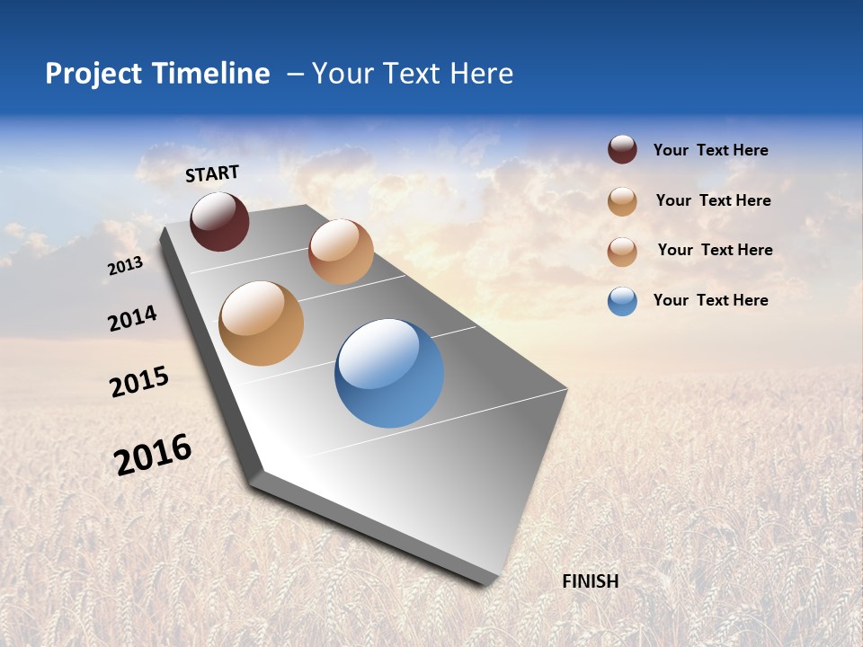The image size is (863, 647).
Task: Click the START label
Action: click(x=212, y=173)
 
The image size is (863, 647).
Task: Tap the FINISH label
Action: click(x=590, y=581)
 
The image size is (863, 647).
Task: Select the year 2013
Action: click(x=125, y=266)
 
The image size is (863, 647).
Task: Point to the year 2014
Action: click(x=132, y=319)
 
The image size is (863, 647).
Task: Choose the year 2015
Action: click(x=139, y=382)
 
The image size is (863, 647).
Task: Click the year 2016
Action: click(x=153, y=455)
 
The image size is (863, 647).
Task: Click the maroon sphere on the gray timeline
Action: click(x=219, y=221)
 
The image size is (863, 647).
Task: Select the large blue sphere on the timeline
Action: click(x=389, y=373)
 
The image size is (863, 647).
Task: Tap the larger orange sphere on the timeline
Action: click(x=262, y=323)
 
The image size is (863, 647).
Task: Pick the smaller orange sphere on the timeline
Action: click(x=341, y=252)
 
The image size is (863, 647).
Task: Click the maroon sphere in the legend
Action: click(x=622, y=150)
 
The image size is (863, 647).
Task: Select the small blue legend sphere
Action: click(x=622, y=301)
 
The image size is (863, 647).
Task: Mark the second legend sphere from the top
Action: click(x=622, y=201)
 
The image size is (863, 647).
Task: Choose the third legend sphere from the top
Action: click(x=622, y=252)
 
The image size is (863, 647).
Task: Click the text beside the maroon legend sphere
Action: click(x=710, y=151)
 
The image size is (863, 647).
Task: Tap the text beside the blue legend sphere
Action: click(x=710, y=300)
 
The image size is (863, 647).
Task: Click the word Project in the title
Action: click(x=93, y=74)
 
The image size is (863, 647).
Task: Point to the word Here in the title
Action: click(x=481, y=74)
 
